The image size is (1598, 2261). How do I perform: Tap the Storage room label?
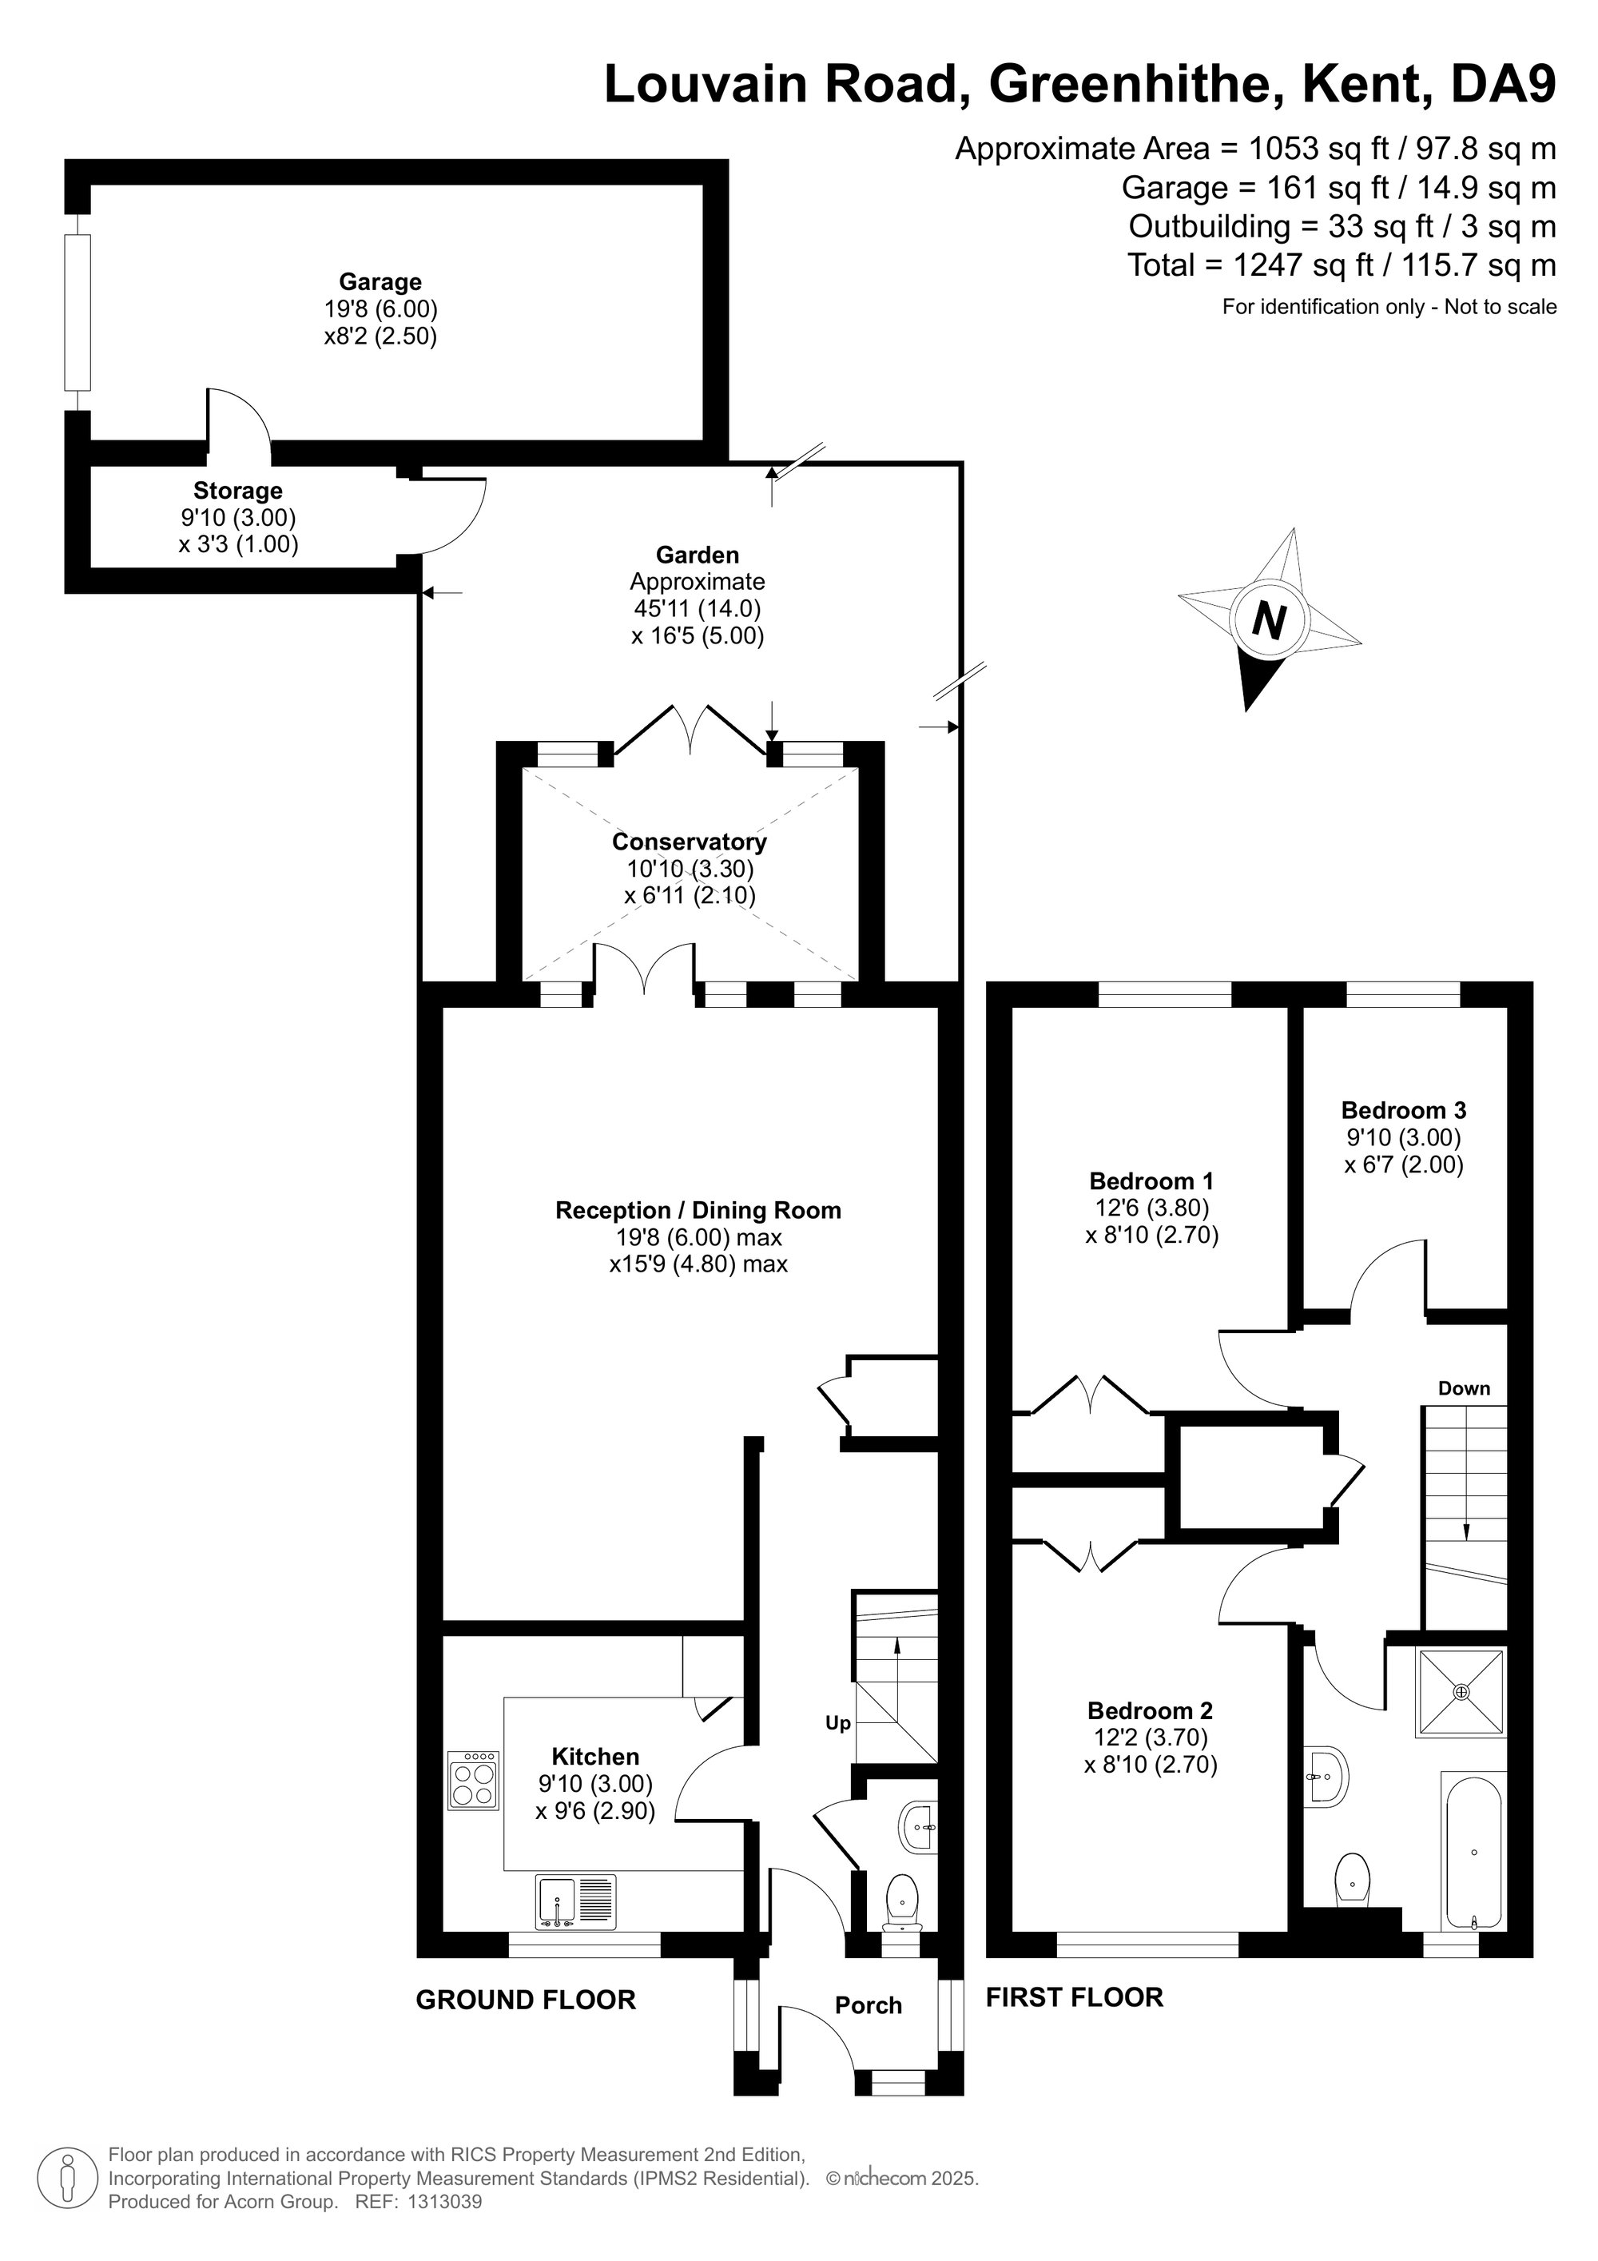point(237,491)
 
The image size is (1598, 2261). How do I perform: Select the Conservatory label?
point(690,842)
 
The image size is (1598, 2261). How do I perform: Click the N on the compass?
point(1269,621)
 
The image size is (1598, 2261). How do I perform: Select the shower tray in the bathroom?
point(1461,1692)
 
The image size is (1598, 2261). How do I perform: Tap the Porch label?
point(869,2005)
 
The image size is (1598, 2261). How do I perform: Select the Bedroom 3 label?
point(1403,1110)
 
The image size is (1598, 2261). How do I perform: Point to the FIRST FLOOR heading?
point(1074,1997)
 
